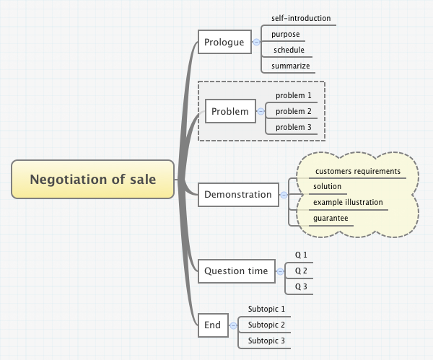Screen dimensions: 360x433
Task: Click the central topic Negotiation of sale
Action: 93,180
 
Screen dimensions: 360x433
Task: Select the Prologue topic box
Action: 224,43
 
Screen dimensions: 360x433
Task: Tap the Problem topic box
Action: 229,112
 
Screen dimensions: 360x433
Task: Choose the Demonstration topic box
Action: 237,194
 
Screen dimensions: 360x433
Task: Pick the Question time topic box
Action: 236,271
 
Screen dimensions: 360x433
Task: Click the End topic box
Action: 212,325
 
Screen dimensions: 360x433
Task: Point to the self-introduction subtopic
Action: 300,18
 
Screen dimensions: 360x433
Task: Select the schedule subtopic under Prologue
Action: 289,50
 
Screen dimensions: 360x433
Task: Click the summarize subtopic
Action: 290,66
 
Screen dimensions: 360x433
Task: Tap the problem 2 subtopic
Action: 294,111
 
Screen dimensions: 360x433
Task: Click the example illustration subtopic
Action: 348,202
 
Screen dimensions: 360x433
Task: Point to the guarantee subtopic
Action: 330,218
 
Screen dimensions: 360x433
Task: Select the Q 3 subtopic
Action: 300,286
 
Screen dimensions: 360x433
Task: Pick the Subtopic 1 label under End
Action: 266,309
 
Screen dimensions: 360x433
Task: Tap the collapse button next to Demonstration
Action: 284,195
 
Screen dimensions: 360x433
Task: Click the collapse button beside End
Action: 233,325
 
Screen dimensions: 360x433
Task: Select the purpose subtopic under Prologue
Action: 285,34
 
